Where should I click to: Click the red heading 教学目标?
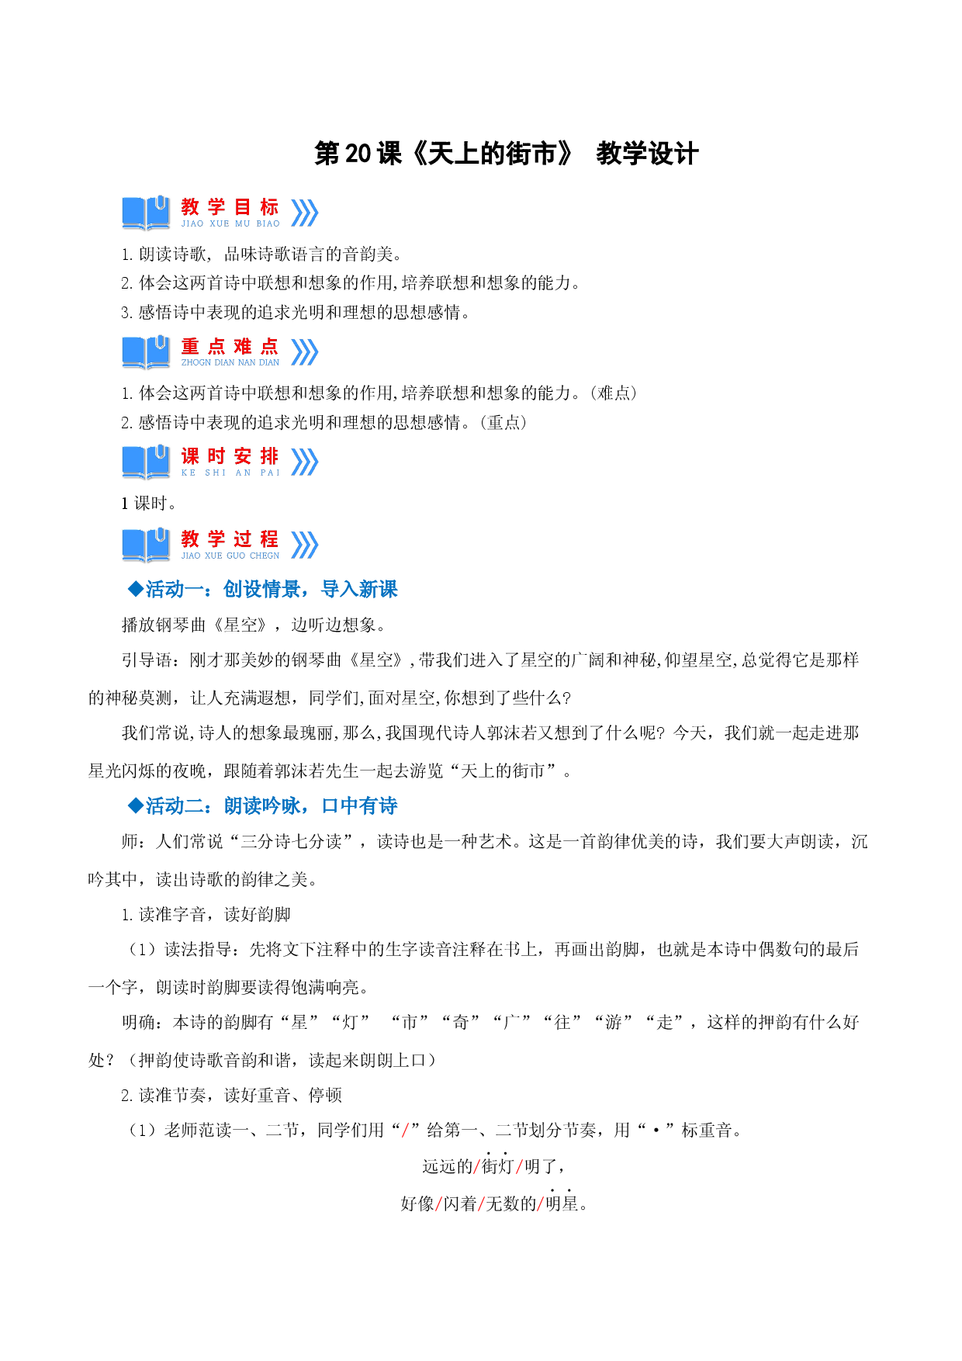[230, 207]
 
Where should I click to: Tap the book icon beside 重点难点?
[146, 352]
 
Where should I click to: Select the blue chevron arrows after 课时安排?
[304, 462]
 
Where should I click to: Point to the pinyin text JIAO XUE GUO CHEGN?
[230, 556]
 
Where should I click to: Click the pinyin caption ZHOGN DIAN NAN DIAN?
[230, 362]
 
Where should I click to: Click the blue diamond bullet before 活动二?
[136, 805]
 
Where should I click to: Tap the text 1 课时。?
[149, 504]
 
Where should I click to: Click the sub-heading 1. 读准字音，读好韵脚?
[206, 915]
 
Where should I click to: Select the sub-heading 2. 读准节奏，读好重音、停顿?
[231, 1096]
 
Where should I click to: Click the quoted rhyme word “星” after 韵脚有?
[299, 1023]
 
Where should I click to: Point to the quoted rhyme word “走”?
[664, 1023]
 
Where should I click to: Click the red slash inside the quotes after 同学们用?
[406, 1131]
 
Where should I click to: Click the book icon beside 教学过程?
[146, 545]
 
